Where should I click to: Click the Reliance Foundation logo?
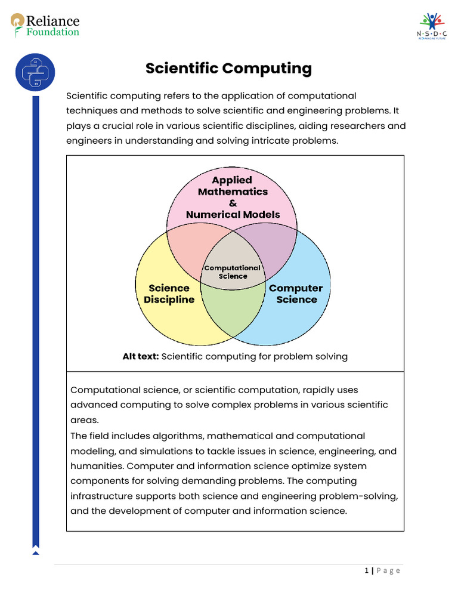45,25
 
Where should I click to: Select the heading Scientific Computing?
228,69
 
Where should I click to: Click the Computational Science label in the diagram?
233,272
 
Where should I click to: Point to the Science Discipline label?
169,294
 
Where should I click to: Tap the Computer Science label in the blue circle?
296,294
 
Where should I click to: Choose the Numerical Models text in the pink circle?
233,214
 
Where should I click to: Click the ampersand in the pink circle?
233,203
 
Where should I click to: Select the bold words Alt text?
141,356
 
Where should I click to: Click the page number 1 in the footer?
367,571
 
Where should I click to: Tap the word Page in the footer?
388,571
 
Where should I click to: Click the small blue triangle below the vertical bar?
35,553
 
